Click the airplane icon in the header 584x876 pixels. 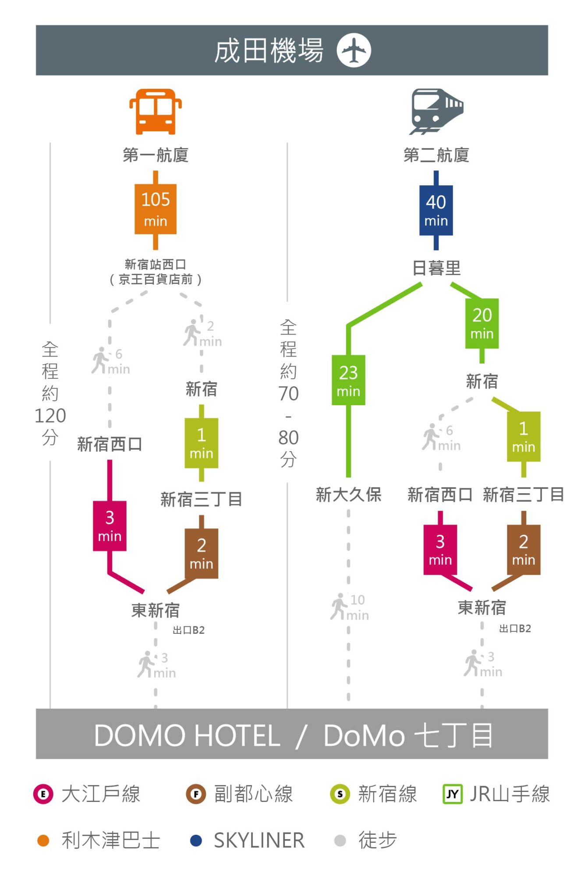pos(354,50)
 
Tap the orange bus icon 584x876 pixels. pos(156,112)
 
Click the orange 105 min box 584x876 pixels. pos(156,209)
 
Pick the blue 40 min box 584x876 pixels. pos(436,211)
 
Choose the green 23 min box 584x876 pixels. pos(348,380)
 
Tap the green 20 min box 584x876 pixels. pos(482,324)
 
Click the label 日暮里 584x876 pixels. pos(436,268)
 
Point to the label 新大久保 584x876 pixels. pos(349,495)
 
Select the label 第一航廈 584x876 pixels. pos(156,155)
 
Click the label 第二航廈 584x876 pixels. pos(436,155)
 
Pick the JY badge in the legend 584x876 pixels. pos(453,794)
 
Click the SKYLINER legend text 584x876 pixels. pos(259,841)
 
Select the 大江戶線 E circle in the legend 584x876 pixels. pos(43,794)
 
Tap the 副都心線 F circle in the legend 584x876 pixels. pos(196,794)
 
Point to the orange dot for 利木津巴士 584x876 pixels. pos(43,841)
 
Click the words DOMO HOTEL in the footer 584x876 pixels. pos(187,735)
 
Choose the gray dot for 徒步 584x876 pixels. pos(340,841)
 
